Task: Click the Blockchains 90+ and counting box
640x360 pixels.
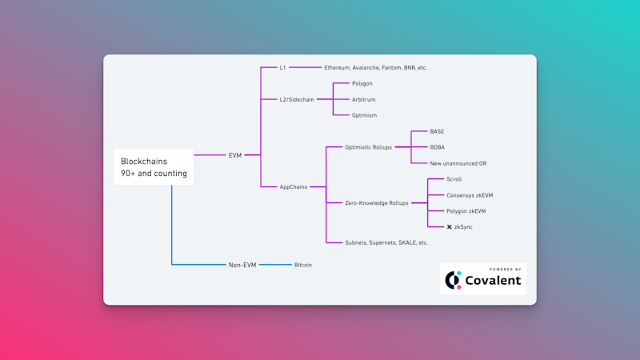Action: point(154,167)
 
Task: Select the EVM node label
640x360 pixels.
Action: point(235,155)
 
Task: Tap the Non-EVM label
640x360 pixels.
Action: point(242,265)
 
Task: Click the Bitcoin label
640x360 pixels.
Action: point(303,265)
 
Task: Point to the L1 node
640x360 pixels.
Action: point(282,67)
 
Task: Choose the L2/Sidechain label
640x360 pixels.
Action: point(297,99)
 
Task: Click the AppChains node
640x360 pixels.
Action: point(294,187)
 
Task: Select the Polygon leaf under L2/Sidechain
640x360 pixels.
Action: point(362,84)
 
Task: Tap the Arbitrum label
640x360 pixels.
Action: point(364,99)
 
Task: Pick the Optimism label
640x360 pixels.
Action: point(365,115)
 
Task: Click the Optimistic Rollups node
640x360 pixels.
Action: point(368,147)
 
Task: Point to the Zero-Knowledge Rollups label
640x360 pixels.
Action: point(377,203)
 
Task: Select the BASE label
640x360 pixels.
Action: point(437,131)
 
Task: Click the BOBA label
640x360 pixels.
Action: point(437,147)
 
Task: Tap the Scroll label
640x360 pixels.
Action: point(454,179)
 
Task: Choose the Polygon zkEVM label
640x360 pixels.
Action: point(466,211)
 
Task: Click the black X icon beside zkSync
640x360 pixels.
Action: point(449,227)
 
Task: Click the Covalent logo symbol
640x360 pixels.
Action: point(453,280)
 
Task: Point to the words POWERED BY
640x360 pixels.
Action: point(506,270)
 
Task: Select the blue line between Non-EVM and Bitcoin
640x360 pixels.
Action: point(275,265)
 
